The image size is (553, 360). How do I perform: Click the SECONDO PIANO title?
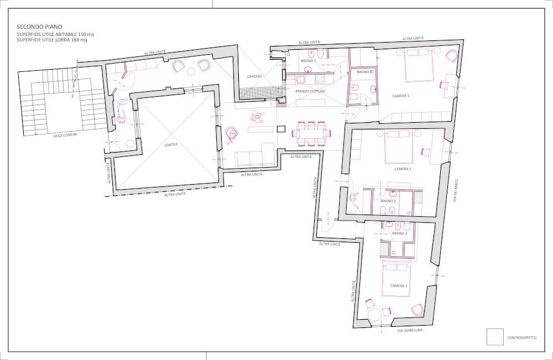39,27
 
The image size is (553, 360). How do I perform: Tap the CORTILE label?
171,144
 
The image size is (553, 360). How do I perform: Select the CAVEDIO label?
254,76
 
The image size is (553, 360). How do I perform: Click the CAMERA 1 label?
400,96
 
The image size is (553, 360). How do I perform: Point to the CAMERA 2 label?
403,169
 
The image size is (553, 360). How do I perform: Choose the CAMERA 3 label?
399,285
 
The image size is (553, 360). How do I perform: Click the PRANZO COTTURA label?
310,91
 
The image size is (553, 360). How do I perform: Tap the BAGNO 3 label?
388,201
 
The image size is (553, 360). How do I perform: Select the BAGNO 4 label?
400,233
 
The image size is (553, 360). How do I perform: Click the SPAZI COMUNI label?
65,135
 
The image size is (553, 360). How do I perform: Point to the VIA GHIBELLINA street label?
410,330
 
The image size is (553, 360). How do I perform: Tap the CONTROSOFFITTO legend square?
495,337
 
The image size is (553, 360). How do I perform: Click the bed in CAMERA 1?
419,65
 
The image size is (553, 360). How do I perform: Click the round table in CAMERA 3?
374,314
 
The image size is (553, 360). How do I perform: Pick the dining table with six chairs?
311,133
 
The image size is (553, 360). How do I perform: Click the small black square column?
281,129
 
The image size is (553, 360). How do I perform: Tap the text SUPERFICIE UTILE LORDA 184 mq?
52,40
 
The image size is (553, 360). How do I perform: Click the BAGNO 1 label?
309,61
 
